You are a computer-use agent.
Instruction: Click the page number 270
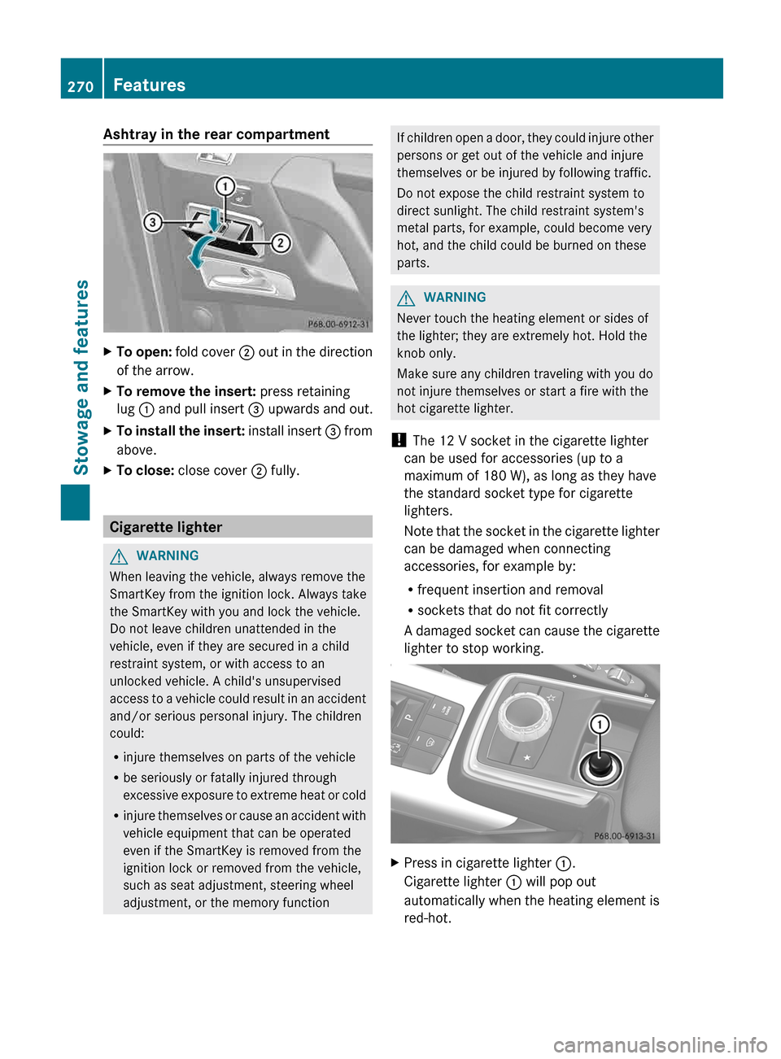81,86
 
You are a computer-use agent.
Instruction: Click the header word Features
149,85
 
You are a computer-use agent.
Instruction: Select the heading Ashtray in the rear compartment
216,134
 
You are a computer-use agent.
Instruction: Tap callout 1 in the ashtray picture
225,186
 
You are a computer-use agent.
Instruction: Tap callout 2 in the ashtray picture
281,243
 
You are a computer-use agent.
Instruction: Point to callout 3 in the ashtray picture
152,222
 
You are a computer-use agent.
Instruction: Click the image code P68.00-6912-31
338,324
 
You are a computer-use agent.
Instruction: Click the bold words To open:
143,352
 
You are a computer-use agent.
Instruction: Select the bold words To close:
145,470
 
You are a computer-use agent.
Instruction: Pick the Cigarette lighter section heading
166,527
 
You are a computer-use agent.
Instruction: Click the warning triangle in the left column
119,556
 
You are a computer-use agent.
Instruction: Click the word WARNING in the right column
454,298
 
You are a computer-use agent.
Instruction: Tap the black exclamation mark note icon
398,441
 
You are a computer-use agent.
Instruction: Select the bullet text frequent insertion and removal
510,590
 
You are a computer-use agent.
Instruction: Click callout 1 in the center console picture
600,725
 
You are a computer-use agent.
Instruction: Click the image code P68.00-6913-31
624,835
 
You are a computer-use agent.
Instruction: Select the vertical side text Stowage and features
81,377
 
